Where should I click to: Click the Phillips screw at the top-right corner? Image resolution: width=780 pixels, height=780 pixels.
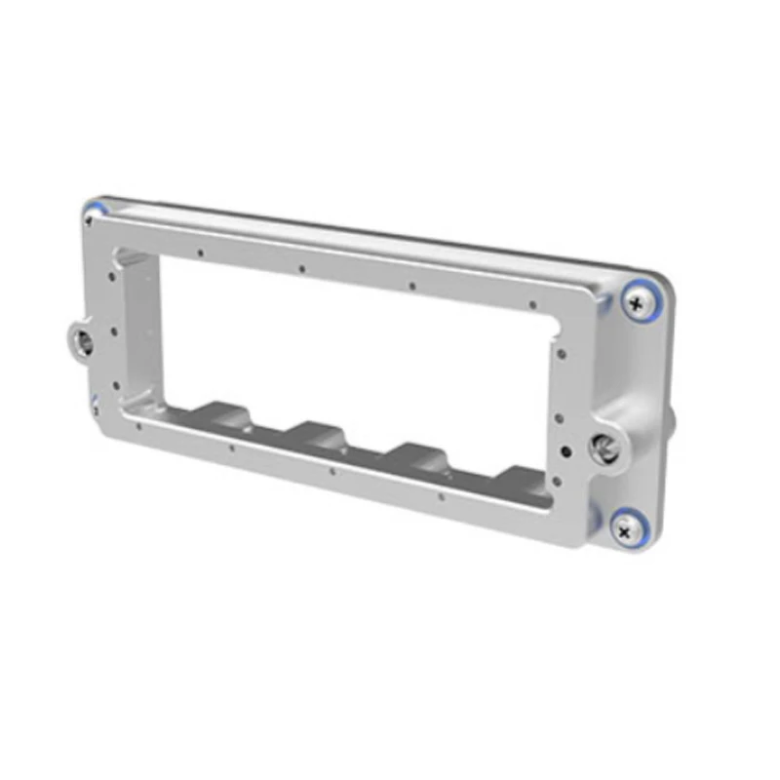tap(638, 305)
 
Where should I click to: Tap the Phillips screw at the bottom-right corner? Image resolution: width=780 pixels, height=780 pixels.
tap(624, 531)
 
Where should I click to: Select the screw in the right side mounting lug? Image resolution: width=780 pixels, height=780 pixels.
tap(607, 447)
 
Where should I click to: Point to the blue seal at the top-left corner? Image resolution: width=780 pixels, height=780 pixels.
tap(95, 208)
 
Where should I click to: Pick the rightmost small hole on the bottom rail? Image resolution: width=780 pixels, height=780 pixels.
tap(442, 495)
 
